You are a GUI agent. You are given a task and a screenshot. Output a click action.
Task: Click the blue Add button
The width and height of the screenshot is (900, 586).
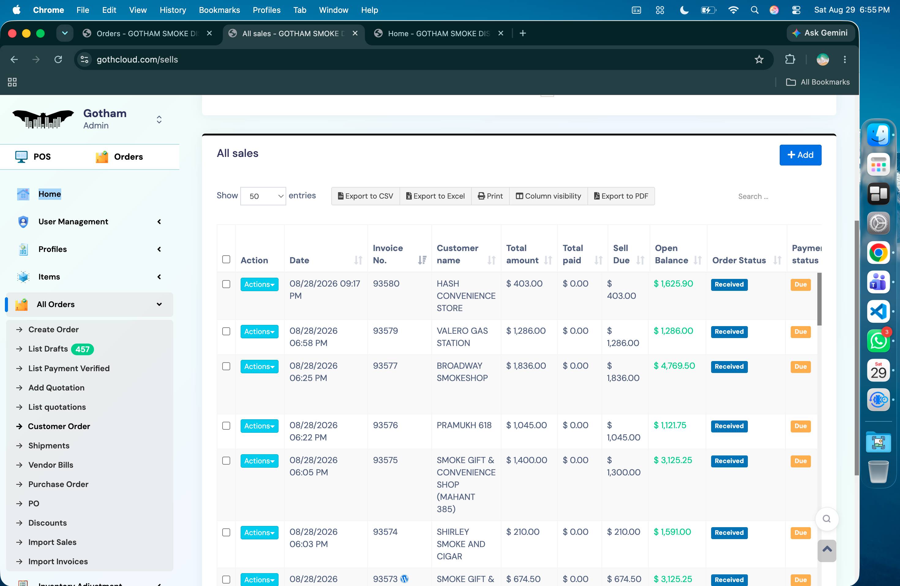800,155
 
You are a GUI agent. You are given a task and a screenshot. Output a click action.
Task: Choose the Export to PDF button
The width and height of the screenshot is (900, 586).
621,196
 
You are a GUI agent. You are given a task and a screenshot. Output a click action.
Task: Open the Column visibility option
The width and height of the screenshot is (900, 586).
548,196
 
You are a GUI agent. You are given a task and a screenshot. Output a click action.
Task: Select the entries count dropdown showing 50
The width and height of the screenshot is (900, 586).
263,196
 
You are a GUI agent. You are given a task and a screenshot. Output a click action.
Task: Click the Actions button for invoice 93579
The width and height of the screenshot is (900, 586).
259,332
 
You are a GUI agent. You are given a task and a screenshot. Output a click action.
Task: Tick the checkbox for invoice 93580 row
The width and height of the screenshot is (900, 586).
226,284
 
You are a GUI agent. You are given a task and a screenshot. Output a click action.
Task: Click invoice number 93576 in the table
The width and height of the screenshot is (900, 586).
385,425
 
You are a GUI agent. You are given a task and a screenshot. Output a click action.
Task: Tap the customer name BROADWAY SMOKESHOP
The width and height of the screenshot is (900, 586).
462,372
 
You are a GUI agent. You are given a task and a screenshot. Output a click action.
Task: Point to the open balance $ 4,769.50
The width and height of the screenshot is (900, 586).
674,366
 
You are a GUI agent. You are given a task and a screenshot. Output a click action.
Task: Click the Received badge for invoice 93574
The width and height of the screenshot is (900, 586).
729,533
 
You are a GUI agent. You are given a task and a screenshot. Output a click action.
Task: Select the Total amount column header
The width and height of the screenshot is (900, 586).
522,254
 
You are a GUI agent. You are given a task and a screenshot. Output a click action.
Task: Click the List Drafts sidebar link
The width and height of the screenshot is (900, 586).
48,349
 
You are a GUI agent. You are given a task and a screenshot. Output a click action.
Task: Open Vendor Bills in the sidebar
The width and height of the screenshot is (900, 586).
51,465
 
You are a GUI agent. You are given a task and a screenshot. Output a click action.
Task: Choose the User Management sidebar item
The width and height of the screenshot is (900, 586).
73,222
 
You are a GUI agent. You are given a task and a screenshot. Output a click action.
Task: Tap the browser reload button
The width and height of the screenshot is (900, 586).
58,59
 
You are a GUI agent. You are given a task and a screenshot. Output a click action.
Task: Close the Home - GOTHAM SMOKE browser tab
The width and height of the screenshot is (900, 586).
501,33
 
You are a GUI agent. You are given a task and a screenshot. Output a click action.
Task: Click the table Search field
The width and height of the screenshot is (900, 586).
775,196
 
